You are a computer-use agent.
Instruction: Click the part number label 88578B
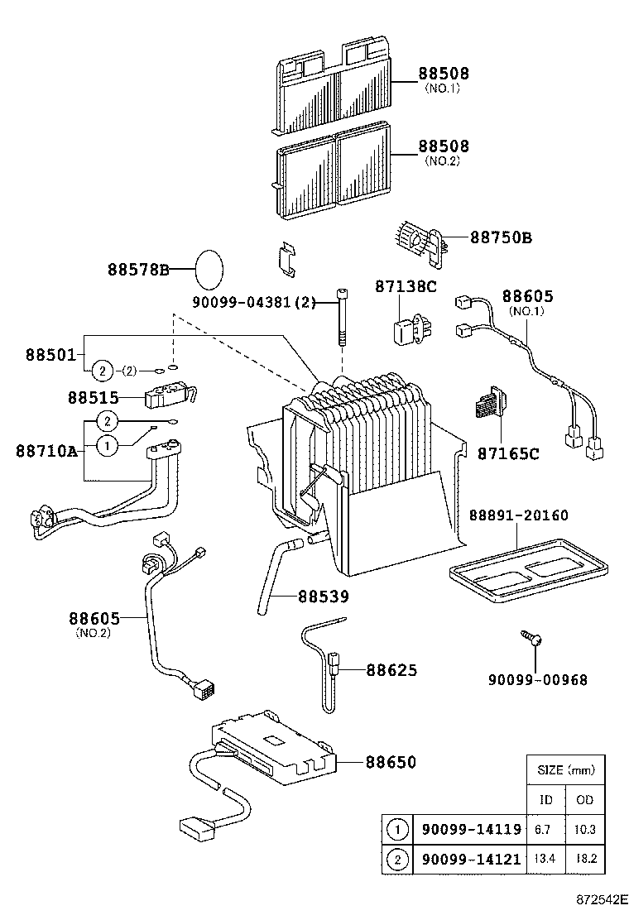pyautogui.click(x=138, y=269)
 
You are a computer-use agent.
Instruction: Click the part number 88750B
pyautogui.click(x=501, y=237)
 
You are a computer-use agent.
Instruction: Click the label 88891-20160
pyautogui.click(x=519, y=515)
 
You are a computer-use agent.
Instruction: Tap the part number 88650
pyautogui.click(x=391, y=762)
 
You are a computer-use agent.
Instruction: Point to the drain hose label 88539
pyautogui.click(x=324, y=596)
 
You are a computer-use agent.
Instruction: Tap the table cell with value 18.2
pyautogui.click(x=586, y=860)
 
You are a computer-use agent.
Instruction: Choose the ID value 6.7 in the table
pyautogui.click(x=546, y=827)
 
